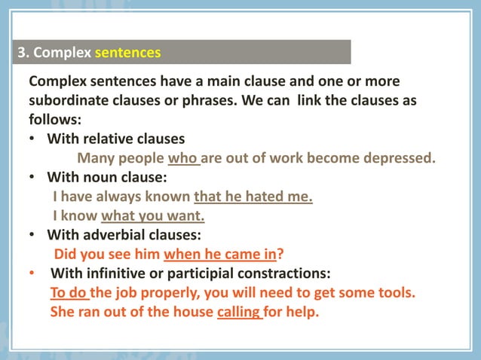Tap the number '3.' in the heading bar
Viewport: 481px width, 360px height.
coord(24,53)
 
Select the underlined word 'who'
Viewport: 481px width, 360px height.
coord(182,159)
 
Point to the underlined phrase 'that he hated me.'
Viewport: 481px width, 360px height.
coord(253,197)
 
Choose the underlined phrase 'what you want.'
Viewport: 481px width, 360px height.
coord(153,216)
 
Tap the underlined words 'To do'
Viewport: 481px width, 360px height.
coord(69,292)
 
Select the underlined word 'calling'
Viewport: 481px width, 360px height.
coord(238,311)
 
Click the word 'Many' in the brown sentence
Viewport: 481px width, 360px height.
coord(96,159)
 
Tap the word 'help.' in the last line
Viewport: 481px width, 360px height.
coord(302,311)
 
